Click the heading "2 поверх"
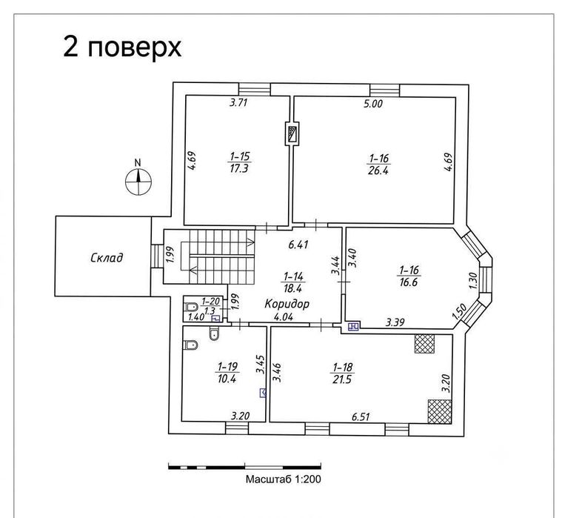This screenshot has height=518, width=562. [x=122, y=47]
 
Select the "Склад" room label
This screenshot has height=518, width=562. [x=107, y=258]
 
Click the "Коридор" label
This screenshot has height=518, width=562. [x=287, y=304]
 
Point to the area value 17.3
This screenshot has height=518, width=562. [x=239, y=169]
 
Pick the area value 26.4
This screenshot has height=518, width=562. [x=378, y=170]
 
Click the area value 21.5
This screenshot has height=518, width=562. [x=341, y=379]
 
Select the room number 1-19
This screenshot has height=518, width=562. [x=227, y=366]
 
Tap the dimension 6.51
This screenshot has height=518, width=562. [x=361, y=416]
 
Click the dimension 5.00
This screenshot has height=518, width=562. [x=373, y=104]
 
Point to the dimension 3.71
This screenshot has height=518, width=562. [x=238, y=103]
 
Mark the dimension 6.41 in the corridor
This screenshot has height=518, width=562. [x=298, y=245]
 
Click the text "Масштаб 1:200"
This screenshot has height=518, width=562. [x=283, y=479]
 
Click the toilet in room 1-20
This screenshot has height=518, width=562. [x=192, y=307]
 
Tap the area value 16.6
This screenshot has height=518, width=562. [x=409, y=282]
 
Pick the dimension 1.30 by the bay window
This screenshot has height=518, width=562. [x=473, y=281]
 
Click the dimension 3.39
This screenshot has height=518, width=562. [x=395, y=322]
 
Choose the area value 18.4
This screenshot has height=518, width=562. [x=293, y=288]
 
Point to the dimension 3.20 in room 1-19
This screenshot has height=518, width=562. [x=240, y=416]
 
